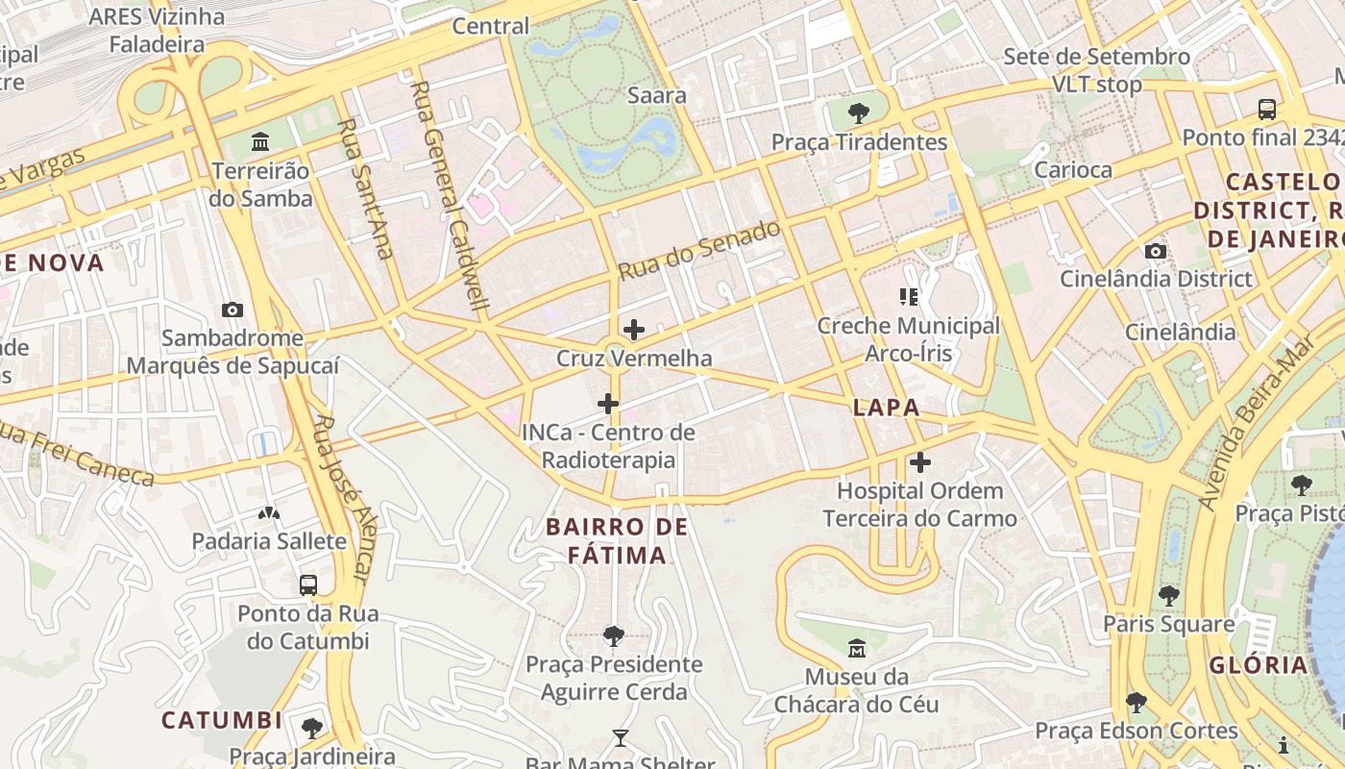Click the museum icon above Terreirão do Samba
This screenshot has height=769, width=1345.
point(259,142)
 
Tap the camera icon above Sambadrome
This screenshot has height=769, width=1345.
point(232,310)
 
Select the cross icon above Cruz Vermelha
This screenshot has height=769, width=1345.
point(634,330)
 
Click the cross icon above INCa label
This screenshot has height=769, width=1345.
point(608,404)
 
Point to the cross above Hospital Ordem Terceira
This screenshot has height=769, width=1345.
point(920,462)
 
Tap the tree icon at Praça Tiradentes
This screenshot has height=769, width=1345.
point(859,113)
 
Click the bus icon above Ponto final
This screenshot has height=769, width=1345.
point(1267,109)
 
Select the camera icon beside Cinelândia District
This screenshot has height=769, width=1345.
point(1156,252)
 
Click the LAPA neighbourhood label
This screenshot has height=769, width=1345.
point(886,408)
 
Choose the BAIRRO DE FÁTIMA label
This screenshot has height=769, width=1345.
point(617,541)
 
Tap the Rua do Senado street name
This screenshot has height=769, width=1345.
point(698,250)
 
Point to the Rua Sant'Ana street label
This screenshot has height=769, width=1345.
point(367,188)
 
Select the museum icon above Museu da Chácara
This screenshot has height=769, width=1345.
point(856,648)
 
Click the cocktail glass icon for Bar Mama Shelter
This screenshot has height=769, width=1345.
point(620,738)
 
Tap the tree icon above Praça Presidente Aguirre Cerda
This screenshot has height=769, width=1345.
point(613,635)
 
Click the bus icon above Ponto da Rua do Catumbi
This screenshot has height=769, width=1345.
point(308,584)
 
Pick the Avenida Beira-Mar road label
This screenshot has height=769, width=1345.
point(1256,423)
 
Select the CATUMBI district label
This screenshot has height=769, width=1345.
point(222,720)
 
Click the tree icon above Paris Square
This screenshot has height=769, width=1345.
point(1168,596)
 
